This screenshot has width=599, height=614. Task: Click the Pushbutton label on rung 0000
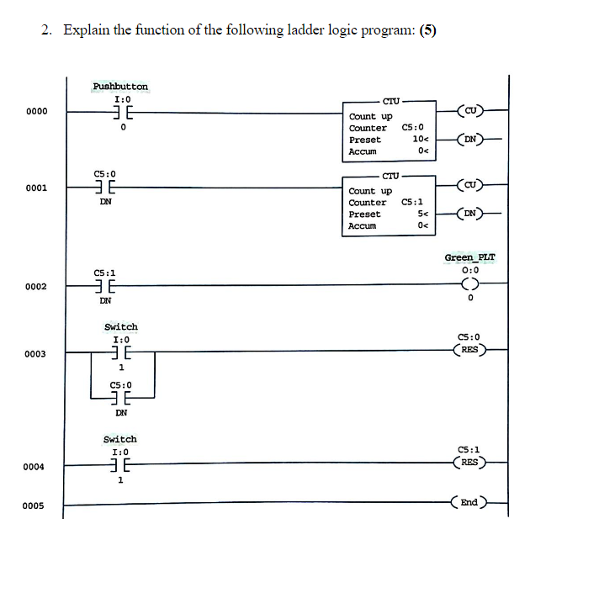pyautogui.click(x=120, y=87)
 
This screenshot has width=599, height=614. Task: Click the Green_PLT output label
pyautogui.click(x=469, y=257)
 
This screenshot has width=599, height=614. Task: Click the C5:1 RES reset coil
pyautogui.click(x=469, y=462)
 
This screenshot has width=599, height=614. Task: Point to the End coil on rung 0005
pyautogui.click(x=469, y=503)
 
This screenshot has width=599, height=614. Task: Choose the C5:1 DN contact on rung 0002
pyautogui.click(x=105, y=286)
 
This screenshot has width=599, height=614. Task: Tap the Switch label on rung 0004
pyautogui.click(x=119, y=439)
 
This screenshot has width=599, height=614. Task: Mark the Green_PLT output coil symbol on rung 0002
pyautogui.click(x=470, y=283)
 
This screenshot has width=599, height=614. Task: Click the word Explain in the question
pyautogui.click(x=82, y=31)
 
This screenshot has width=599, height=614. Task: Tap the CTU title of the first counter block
pyautogui.click(x=390, y=101)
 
